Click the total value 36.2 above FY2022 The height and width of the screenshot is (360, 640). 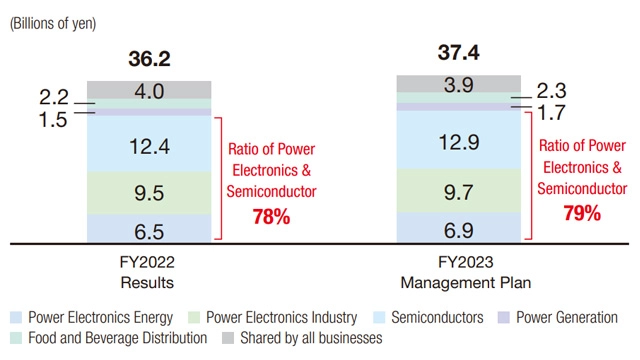(x=149, y=59)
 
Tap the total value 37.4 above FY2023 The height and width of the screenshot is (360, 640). (x=458, y=52)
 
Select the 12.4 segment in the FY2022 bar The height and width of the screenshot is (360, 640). (x=149, y=145)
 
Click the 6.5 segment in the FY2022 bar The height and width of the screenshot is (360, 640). (x=149, y=231)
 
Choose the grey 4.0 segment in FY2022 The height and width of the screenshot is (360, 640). (x=149, y=91)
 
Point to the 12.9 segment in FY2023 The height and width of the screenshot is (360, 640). (x=458, y=141)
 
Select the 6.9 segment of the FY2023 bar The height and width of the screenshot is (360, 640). (x=458, y=229)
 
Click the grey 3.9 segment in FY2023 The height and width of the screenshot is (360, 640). (x=458, y=84)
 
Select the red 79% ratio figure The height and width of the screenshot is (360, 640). (x=582, y=212)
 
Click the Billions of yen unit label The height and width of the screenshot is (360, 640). (x=53, y=24)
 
